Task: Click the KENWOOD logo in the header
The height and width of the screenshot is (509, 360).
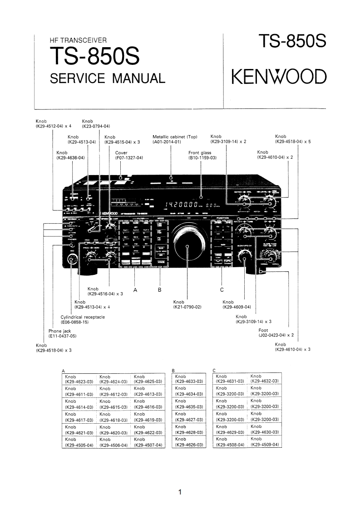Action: [x=279, y=77]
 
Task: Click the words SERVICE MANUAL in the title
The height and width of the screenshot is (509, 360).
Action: [x=107, y=78]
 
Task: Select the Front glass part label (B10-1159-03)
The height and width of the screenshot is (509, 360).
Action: [x=202, y=155]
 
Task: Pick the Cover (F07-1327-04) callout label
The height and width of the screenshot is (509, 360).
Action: [x=129, y=155]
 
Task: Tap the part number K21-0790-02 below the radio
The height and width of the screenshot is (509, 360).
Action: [x=187, y=307]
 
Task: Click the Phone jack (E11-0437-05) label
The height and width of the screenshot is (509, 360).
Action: [x=63, y=333]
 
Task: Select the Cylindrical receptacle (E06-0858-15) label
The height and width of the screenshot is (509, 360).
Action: [x=83, y=319]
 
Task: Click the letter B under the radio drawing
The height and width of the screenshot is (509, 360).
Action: [x=159, y=289]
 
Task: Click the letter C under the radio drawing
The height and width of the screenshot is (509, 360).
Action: [x=222, y=289]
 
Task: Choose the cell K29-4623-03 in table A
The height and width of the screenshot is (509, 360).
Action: [x=79, y=382]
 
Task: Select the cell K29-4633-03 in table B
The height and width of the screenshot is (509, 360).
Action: [x=188, y=382]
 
